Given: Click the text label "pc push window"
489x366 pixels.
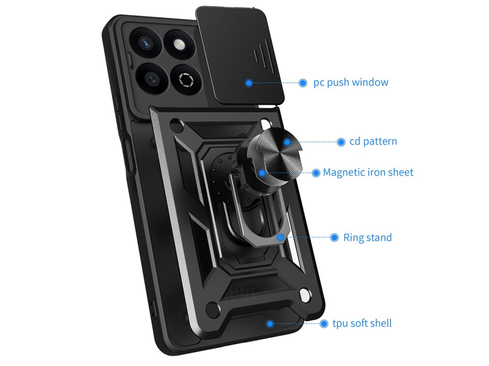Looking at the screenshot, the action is point(351,82).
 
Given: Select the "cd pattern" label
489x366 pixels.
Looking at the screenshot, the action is point(373,142).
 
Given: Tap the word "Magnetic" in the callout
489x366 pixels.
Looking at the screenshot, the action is point(344,173).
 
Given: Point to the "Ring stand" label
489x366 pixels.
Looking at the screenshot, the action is point(367,237).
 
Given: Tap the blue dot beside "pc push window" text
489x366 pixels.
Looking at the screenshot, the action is point(303,82).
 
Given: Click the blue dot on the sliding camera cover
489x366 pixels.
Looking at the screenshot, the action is point(249,83).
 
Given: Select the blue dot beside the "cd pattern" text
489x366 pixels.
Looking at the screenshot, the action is point(341,142).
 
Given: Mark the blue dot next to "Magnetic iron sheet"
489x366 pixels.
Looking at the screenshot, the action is point(316,173).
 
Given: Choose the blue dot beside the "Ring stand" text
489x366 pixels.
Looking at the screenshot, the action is point(334,237).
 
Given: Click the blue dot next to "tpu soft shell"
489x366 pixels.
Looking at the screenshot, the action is point(323,324).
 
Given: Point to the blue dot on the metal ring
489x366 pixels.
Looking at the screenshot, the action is point(279,236).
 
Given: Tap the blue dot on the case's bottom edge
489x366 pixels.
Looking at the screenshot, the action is point(270,324).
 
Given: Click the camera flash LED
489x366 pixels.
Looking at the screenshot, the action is point(180,45).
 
